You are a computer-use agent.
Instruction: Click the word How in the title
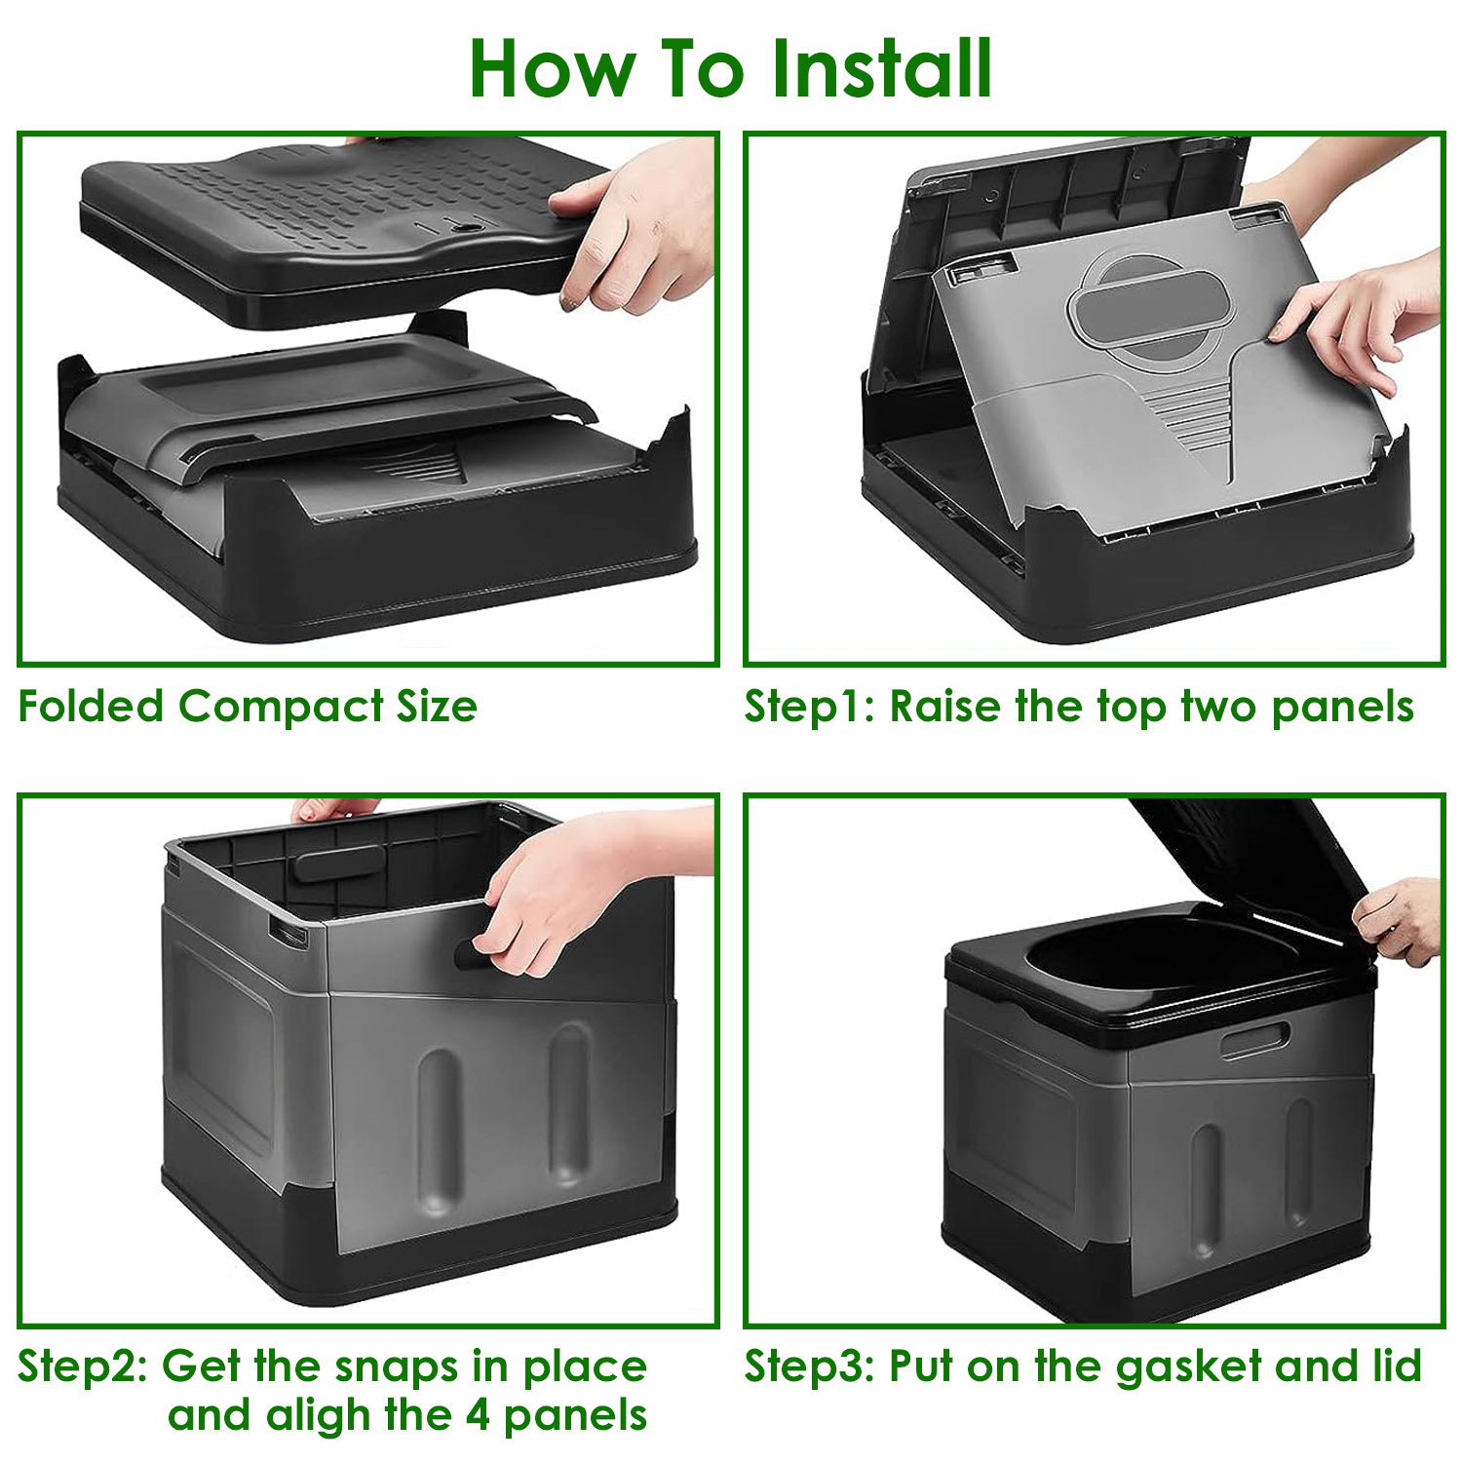(551, 69)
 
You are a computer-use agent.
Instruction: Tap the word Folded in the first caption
(91, 707)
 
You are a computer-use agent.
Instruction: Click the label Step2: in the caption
(83, 1366)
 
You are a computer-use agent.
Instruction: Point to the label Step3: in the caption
(809, 1366)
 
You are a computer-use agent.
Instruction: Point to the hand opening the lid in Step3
(1399, 921)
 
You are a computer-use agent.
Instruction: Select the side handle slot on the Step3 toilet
(1255, 1040)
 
